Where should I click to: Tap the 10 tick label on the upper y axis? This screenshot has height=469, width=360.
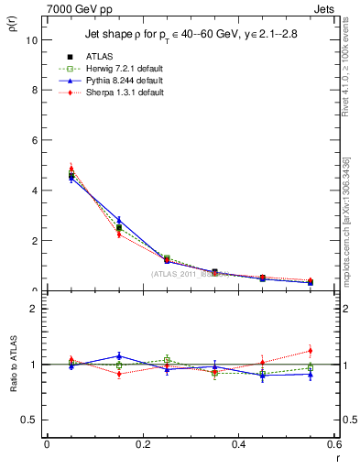pyautogui.click(x=31, y=40)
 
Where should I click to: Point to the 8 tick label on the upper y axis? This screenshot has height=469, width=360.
pyautogui.click(x=34, y=91)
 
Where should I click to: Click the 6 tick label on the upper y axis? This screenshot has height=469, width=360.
pyautogui.click(x=34, y=141)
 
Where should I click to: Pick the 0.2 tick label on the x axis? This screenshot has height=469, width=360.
pyautogui.click(x=142, y=445)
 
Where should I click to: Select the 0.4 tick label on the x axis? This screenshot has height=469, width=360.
pyautogui.click(x=238, y=445)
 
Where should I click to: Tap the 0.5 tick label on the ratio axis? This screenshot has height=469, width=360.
pyautogui.click(x=29, y=420)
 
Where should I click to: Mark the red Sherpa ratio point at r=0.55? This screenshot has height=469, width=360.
pyautogui.click(x=310, y=351)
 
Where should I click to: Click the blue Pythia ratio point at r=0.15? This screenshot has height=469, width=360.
pyautogui.click(x=118, y=355)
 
